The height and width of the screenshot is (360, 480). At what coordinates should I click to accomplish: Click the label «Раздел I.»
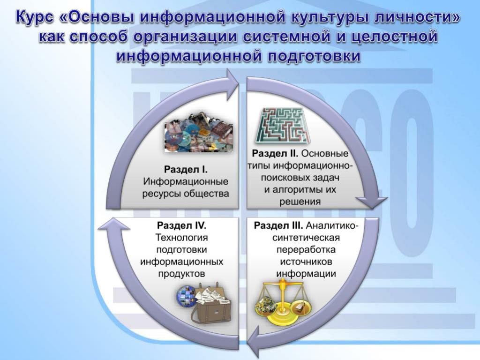(x=186, y=169)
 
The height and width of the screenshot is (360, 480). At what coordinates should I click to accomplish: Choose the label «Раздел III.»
(x=278, y=226)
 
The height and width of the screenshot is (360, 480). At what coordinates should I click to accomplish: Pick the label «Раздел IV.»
(x=181, y=225)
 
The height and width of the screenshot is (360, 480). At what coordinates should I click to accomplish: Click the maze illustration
(x=282, y=125)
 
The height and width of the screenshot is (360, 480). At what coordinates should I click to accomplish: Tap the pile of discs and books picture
(x=198, y=133)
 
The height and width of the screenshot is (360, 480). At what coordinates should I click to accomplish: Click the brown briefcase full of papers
(x=211, y=304)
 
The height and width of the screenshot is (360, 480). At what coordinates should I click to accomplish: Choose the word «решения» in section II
(x=300, y=202)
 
